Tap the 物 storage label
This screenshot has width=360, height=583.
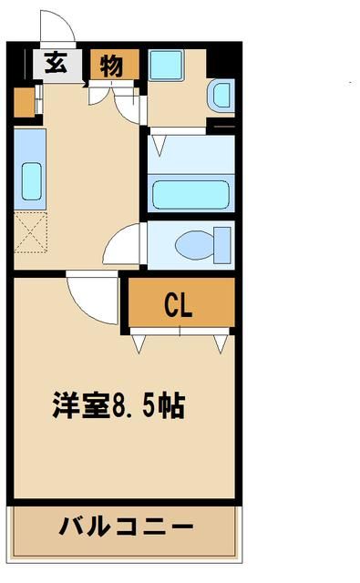113,65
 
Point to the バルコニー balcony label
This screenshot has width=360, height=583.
127,527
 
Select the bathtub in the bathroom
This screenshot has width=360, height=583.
190,194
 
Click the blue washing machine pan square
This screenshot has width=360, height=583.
167,65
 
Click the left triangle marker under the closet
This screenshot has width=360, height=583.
139,343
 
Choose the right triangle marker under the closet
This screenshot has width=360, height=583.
220,343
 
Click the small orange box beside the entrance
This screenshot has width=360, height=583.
24,104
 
